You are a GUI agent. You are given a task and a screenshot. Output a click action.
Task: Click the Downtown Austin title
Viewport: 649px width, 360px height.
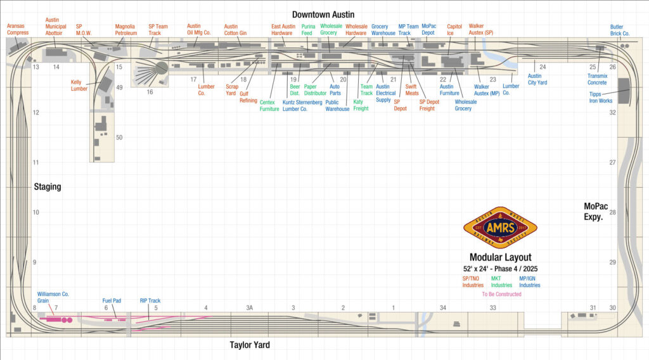(x=323, y=14)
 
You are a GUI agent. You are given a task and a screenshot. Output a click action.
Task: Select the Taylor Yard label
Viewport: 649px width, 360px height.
(x=250, y=345)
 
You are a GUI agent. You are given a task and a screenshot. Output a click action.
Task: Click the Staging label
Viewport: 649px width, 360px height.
(x=48, y=186)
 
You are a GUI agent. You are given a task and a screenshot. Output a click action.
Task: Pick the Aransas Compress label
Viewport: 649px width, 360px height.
(x=17, y=30)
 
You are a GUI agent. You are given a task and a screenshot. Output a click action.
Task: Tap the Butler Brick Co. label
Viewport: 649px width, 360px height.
(x=620, y=30)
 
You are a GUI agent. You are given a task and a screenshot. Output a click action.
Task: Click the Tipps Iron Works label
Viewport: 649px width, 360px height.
(x=601, y=97)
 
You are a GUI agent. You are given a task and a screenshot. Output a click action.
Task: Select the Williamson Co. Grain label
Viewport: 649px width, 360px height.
(x=53, y=297)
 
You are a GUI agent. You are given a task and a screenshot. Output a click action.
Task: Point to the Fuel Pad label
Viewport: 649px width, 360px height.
(x=112, y=301)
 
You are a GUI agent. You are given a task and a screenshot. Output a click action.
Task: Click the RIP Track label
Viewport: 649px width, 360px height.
(x=150, y=301)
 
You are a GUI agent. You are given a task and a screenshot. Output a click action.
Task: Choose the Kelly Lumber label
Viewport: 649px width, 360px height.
(x=79, y=85)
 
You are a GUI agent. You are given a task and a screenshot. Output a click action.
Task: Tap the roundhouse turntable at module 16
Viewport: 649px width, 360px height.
(x=161, y=67)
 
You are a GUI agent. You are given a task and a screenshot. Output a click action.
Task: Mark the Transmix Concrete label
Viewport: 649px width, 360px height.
(x=596, y=79)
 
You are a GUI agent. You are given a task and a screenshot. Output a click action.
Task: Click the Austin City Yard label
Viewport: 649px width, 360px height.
(x=538, y=79)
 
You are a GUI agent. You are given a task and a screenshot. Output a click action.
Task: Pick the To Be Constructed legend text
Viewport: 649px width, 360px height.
(x=501, y=294)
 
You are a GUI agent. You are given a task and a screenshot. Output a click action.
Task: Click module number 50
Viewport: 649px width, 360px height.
(x=119, y=138)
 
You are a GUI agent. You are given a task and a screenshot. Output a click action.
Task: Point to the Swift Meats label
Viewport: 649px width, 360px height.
(x=412, y=90)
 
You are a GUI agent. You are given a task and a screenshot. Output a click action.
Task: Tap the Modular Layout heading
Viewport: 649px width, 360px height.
(x=501, y=257)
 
